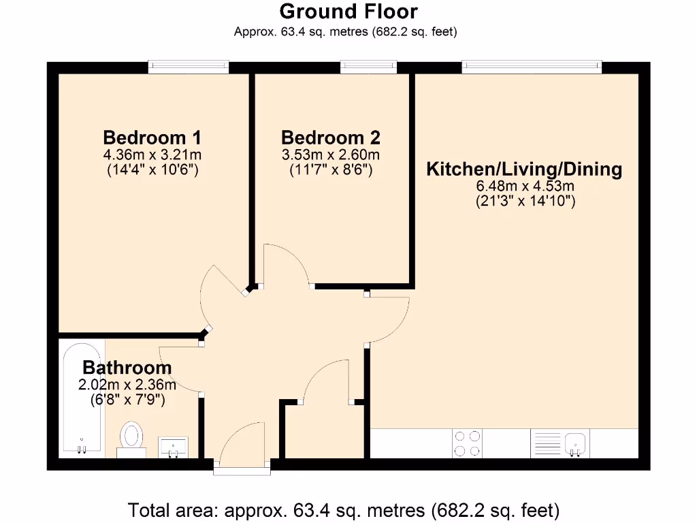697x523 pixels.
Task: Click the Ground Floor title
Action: pyautogui.click(x=348, y=12)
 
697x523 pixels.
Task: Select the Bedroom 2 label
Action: pyautogui.click(x=330, y=137)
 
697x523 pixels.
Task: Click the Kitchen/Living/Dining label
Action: pyautogui.click(x=524, y=169)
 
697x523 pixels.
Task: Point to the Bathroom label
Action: pyautogui.click(x=127, y=368)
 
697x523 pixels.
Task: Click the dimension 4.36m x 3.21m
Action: pyautogui.click(x=152, y=155)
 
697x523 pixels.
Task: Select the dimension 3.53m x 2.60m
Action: pyautogui.click(x=330, y=155)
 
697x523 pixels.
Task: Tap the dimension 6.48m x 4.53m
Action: pyautogui.click(x=524, y=186)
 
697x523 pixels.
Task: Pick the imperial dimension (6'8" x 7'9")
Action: pyautogui.click(x=127, y=400)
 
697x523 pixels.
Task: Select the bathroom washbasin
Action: pyautogui.click(x=175, y=447)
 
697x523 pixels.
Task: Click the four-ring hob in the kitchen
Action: pyautogui.click(x=467, y=443)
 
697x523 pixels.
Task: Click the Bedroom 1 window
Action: pyautogui.click(x=189, y=66)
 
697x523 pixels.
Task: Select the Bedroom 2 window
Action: pyautogui.click(x=368, y=66)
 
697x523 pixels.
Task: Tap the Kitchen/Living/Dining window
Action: pyautogui.click(x=532, y=66)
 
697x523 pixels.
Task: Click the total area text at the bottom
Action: pyautogui.click(x=344, y=509)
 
